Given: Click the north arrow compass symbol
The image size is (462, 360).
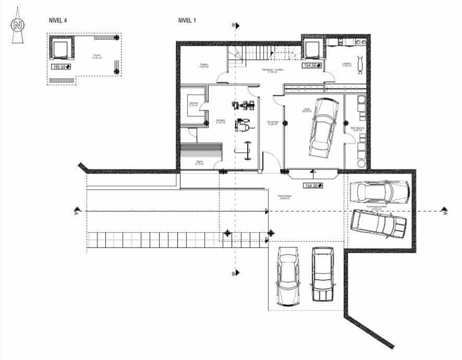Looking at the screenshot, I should pos(18,27).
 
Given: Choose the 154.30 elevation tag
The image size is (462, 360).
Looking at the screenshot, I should pos(313,185).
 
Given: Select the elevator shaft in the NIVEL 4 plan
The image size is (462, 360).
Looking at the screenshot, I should pos(60,50).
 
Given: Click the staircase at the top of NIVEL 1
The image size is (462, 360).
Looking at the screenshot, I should pos(256,54).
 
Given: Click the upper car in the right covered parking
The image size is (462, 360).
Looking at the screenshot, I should pos(379,191).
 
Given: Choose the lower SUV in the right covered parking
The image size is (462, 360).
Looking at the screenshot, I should pos(379,223).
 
